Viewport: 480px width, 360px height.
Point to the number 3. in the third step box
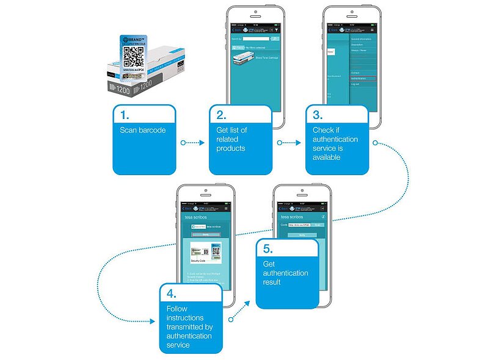(317, 114)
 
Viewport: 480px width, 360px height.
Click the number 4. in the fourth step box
(171, 293)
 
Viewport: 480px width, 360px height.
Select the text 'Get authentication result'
(285, 273)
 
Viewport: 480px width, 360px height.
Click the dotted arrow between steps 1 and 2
(192, 143)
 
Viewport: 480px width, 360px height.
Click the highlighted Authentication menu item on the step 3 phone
(363, 79)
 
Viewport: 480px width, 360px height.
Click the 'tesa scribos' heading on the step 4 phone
(197, 217)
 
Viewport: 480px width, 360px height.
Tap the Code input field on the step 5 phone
(299, 225)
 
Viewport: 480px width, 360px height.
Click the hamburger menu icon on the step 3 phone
(371, 29)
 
